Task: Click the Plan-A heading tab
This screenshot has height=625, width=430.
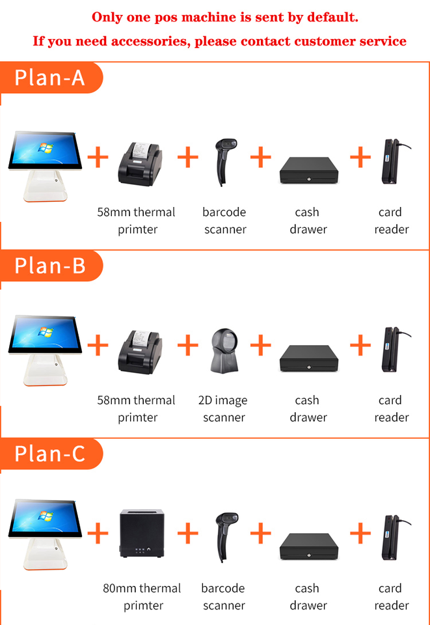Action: click(x=51, y=77)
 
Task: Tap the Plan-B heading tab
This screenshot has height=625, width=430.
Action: click(x=51, y=266)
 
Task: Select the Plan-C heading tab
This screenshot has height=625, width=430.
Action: click(x=51, y=454)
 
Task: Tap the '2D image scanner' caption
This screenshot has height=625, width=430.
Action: click(x=223, y=409)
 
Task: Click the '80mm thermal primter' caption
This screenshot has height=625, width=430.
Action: click(x=142, y=597)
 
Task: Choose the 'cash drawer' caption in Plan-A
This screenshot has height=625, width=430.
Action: click(x=308, y=221)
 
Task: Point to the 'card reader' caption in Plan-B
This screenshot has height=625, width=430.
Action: click(x=391, y=409)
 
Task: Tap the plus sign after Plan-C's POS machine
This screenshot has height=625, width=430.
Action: click(x=98, y=534)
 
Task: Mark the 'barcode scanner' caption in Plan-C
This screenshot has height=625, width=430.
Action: click(x=223, y=597)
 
